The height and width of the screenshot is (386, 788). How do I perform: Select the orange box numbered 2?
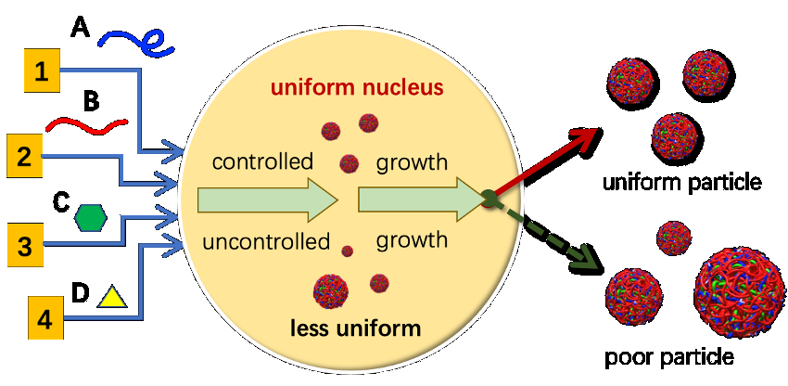point(25,155)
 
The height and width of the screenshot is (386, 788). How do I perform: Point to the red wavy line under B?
point(87,123)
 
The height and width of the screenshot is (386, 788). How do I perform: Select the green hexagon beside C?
point(91,217)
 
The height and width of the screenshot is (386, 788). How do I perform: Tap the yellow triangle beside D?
point(111,297)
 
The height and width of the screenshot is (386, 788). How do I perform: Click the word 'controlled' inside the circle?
point(262,163)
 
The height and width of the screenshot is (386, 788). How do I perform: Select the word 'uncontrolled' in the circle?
point(267,242)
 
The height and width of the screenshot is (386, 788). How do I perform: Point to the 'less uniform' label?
point(354,328)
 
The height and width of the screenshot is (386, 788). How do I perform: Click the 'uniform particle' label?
point(681,182)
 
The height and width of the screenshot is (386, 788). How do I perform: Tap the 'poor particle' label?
point(668,356)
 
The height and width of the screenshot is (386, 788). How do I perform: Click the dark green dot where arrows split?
point(486,196)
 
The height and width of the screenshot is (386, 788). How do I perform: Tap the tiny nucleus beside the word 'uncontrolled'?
point(348,250)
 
